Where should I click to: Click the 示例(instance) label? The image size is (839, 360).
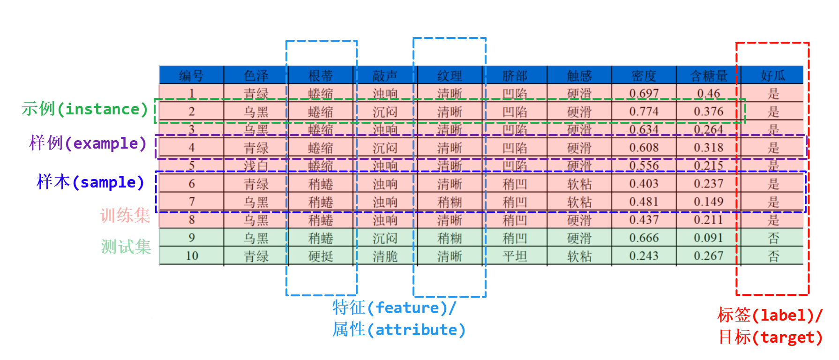tap(85, 109)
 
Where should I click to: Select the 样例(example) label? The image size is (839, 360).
tap(88, 143)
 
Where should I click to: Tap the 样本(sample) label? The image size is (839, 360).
tap(90, 182)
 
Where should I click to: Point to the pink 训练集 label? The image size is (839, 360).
tap(125, 216)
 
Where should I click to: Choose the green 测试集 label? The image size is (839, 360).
tap(126, 247)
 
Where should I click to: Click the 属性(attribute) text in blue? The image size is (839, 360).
tap(399, 330)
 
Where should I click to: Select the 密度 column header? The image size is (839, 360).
tap(644, 75)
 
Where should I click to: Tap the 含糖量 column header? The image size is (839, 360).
tap(708, 75)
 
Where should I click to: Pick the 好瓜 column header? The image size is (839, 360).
tap(773, 75)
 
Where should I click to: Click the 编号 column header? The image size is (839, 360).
tap(191, 75)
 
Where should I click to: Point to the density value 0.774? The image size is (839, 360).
tap(644, 112)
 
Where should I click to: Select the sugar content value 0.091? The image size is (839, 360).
tap(708, 238)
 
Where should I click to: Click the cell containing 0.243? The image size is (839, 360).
tap(644, 256)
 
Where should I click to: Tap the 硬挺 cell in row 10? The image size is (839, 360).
tap(321, 256)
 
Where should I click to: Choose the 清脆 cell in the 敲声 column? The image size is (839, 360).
tap(385, 256)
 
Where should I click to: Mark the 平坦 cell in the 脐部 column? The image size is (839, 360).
tap(515, 256)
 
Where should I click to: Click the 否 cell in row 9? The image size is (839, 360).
tap(773, 238)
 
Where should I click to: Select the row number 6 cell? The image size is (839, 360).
tap(191, 184)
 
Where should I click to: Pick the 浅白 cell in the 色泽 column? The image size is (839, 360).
tap(256, 165)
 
